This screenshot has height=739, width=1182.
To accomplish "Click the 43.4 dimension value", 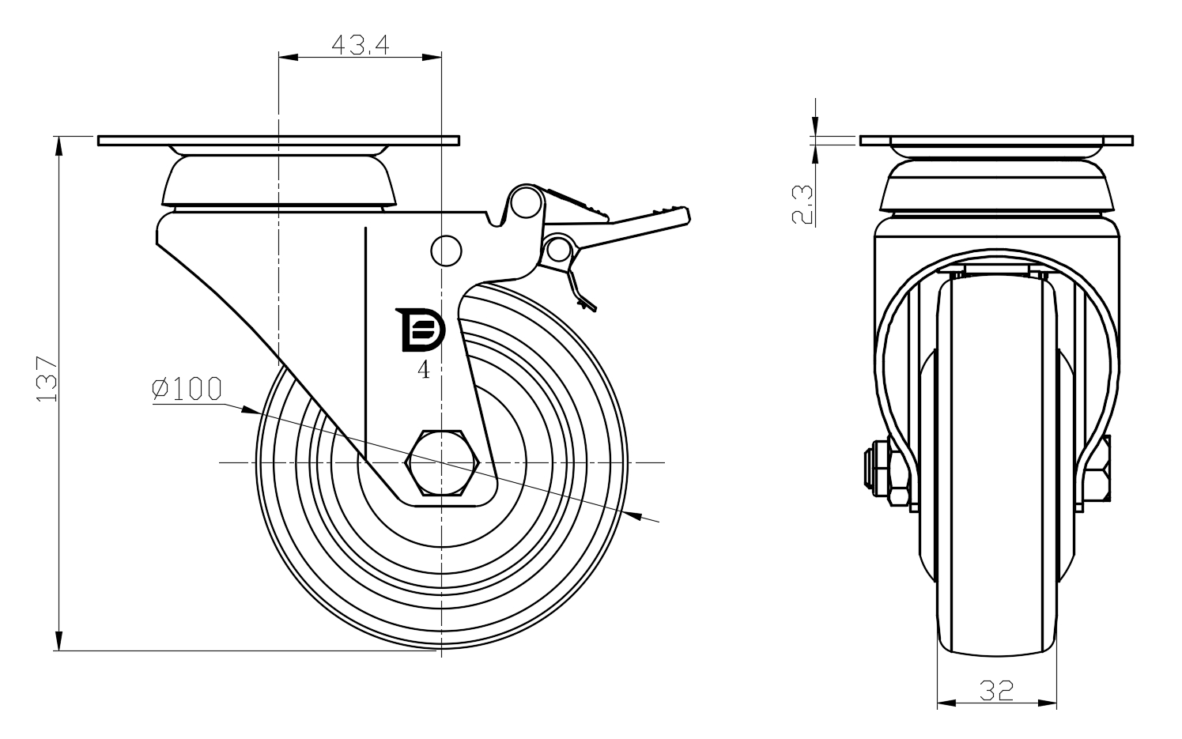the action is point(361,45).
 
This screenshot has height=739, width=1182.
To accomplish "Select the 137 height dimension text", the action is point(47,379).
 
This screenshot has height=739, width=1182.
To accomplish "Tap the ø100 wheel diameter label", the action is point(187,389).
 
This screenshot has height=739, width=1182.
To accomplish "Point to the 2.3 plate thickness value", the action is point(802,204).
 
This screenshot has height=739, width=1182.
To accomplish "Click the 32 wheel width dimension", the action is point(997,691).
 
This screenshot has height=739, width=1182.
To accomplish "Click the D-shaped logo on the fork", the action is point(421,330).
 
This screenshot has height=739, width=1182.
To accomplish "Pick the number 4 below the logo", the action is point(424,371).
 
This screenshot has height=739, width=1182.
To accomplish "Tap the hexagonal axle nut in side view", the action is point(442,462).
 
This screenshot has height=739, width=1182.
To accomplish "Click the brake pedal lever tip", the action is point(685,216).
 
